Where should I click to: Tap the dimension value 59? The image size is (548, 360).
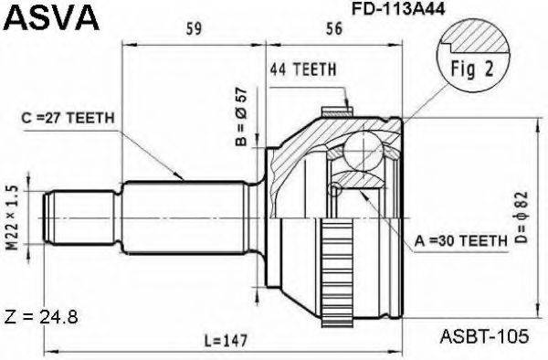pos(193,29)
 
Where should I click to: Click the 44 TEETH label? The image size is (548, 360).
pos(304,69)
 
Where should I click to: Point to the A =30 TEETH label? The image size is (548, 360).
pos(460,241)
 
